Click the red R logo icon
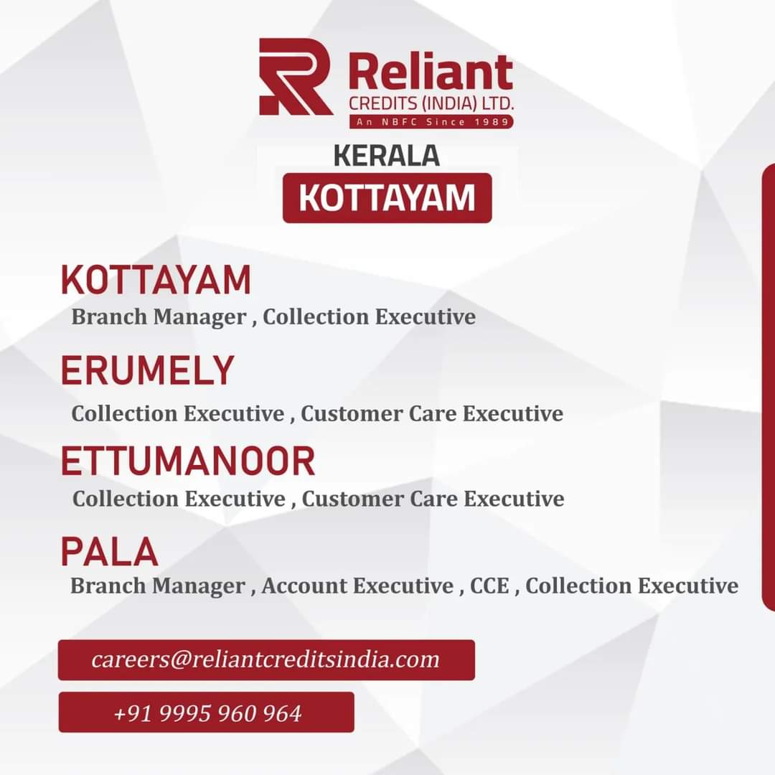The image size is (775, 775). pyautogui.click(x=295, y=77)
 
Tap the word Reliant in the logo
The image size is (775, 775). pyautogui.click(x=431, y=72)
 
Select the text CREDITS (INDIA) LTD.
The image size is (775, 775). pyautogui.click(x=431, y=103)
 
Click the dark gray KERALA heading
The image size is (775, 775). pyautogui.click(x=387, y=156)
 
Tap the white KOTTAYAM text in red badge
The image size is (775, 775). pyautogui.click(x=387, y=198)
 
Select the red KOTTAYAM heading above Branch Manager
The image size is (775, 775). pyautogui.click(x=156, y=280)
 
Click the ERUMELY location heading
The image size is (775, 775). pyautogui.click(x=147, y=370)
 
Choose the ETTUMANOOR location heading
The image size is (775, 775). pyautogui.click(x=188, y=461)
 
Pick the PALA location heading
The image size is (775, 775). pyautogui.click(x=109, y=551)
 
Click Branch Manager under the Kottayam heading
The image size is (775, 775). pyautogui.click(x=159, y=317)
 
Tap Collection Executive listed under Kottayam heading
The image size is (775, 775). pyautogui.click(x=370, y=316)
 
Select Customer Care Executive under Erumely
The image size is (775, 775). pyautogui.click(x=432, y=413)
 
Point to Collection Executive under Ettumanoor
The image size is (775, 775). pyautogui.click(x=179, y=498)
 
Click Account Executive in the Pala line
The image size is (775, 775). pyautogui.click(x=358, y=586)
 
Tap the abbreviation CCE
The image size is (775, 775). pyautogui.click(x=490, y=586)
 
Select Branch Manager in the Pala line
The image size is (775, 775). pyautogui.click(x=158, y=586)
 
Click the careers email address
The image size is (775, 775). pyautogui.click(x=266, y=659)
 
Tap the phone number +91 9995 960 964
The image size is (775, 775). pyautogui.click(x=207, y=713)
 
